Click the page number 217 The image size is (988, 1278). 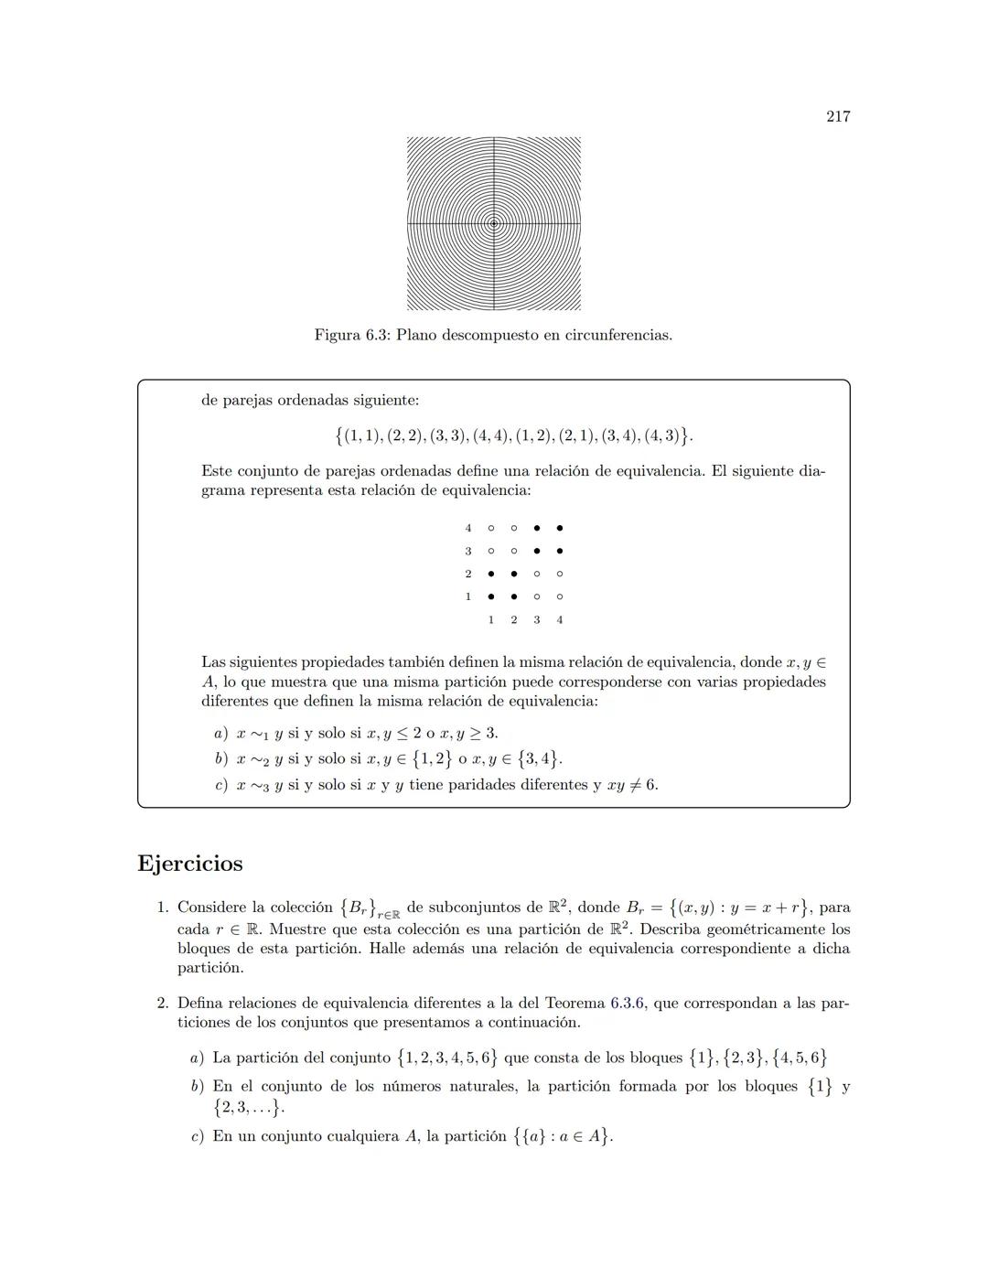tap(838, 116)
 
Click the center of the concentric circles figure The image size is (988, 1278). tap(494, 223)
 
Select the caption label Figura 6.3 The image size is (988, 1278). tap(351, 335)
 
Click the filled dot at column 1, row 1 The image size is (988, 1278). tap(491, 596)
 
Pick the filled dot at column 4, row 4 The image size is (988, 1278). tap(560, 528)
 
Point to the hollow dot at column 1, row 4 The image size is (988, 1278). tap(491, 528)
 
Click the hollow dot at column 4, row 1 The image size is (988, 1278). tap(560, 596)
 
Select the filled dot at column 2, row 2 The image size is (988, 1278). tap(514, 574)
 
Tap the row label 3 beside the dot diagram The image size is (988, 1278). tap(468, 551)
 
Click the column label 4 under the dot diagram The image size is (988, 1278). tap(560, 620)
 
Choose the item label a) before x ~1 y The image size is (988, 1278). tap(220, 734)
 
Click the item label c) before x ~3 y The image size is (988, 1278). tap(220, 785)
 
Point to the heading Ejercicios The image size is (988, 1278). tap(190, 864)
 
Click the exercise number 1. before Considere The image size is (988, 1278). tap(163, 907)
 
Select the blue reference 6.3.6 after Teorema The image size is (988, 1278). tap(628, 1004)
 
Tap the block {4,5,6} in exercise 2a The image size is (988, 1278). tap(800, 1058)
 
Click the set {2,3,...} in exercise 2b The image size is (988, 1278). tap(248, 1107)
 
